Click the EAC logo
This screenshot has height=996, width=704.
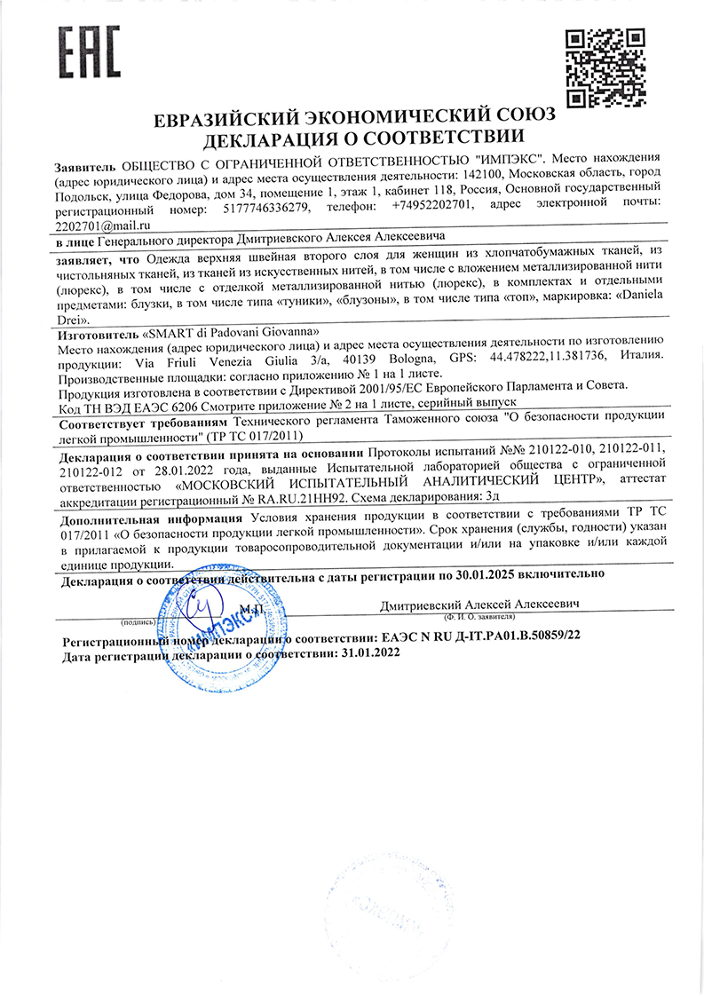tap(89, 51)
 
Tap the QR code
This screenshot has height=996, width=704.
tap(606, 67)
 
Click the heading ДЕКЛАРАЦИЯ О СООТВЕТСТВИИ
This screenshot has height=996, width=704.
tap(352, 138)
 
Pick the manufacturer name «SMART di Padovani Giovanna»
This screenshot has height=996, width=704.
tap(229, 331)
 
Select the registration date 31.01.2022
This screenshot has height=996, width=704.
tap(369, 652)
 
